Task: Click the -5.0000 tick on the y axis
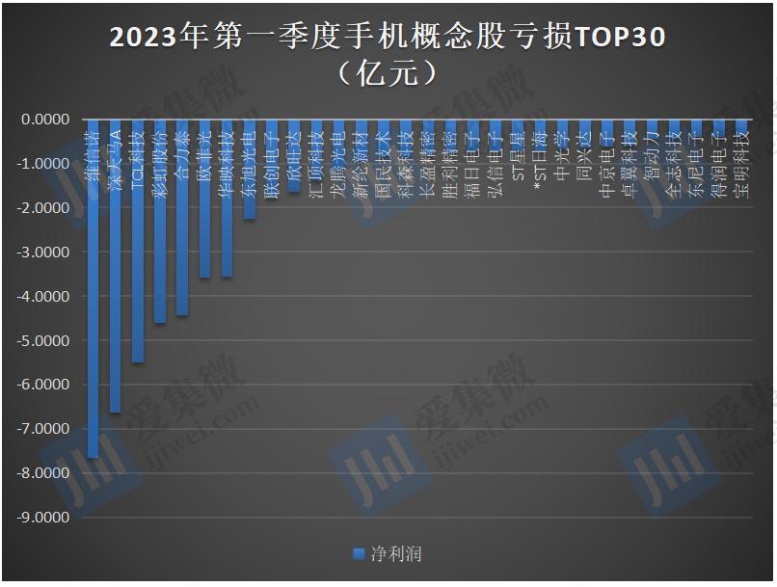(44, 341)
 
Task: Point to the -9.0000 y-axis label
(44, 518)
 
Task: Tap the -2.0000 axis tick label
(44, 208)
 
